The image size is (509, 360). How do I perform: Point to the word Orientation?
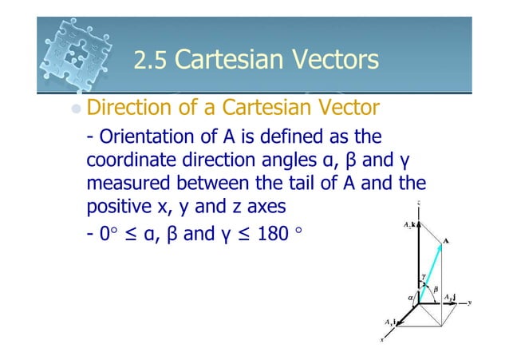(144, 137)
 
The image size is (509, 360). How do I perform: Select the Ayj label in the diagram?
(449, 296)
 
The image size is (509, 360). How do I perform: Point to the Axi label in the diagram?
(390, 322)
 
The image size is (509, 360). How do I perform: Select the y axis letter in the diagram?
(472, 302)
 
